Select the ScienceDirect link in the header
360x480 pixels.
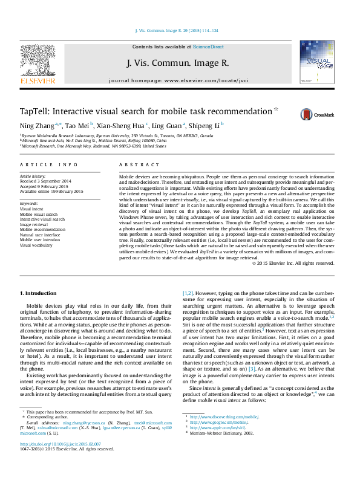pos(208,47)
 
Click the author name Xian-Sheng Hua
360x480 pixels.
pos(117,125)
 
